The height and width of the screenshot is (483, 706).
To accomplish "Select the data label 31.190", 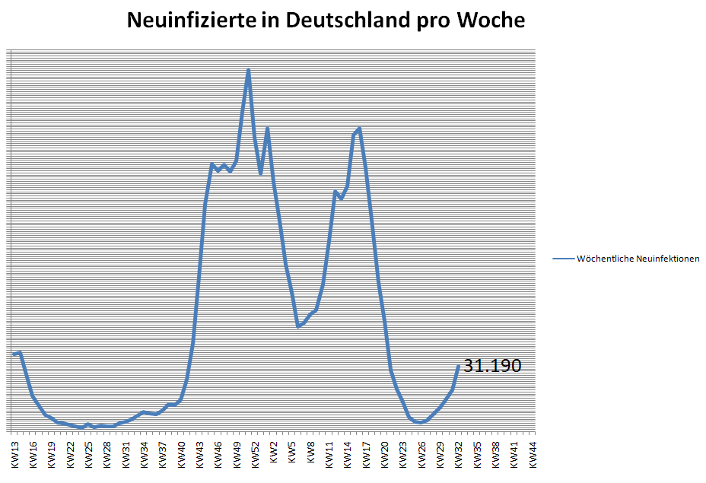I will (x=492, y=366).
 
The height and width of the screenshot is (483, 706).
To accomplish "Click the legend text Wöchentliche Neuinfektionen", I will (x=638, y=259).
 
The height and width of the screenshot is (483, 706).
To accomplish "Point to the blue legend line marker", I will (x=564, y=259).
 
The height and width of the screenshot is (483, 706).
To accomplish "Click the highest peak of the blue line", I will (x=248, y=71).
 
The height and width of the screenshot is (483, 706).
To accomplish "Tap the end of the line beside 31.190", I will (x=458, y=367).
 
